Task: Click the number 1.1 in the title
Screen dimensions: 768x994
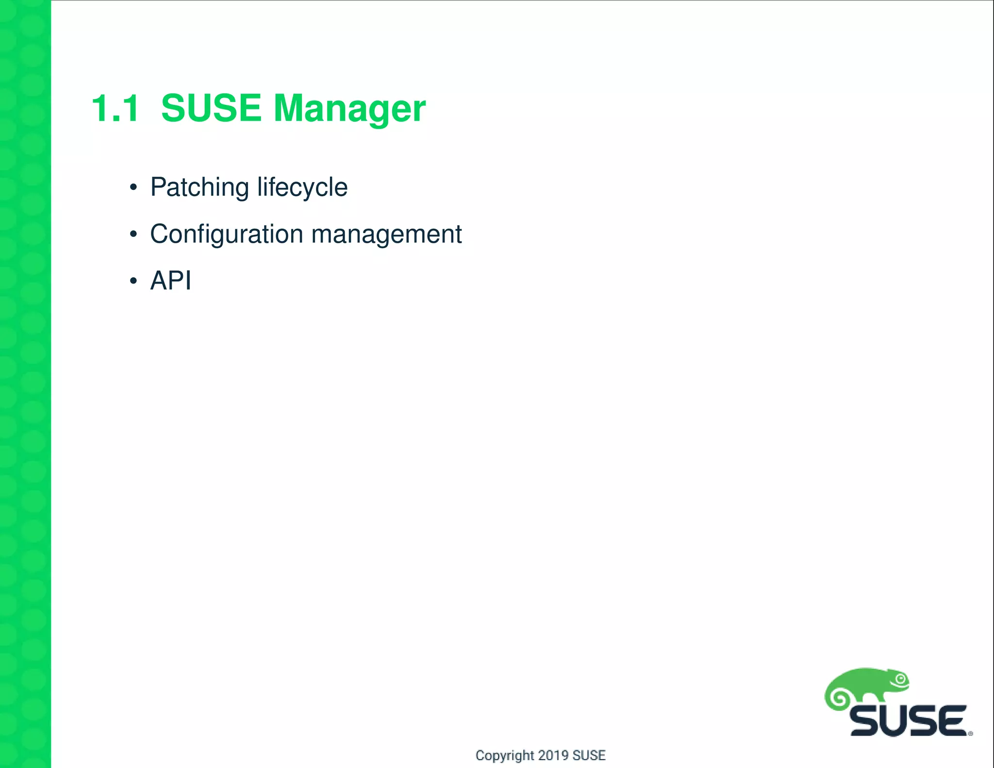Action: coord(116,108)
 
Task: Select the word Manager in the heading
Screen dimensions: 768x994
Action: coord(349,109)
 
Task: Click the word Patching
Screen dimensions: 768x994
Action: coord(199,187)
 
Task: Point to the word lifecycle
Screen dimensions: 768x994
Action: coord(302,187)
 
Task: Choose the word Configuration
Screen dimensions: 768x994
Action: coord(227,234)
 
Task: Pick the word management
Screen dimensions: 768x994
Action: coord(386,234)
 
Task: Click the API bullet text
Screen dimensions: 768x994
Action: coord(171,281)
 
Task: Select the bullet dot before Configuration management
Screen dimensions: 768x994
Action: coord(133,234)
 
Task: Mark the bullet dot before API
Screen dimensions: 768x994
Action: coord(133,281)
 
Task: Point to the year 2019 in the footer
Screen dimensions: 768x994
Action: coord(553,755)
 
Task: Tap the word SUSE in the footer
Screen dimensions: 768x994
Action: coord(589,755)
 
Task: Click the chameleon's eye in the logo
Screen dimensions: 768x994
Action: coord(901,679)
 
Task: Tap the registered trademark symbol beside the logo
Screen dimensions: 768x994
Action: coord(971,734)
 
